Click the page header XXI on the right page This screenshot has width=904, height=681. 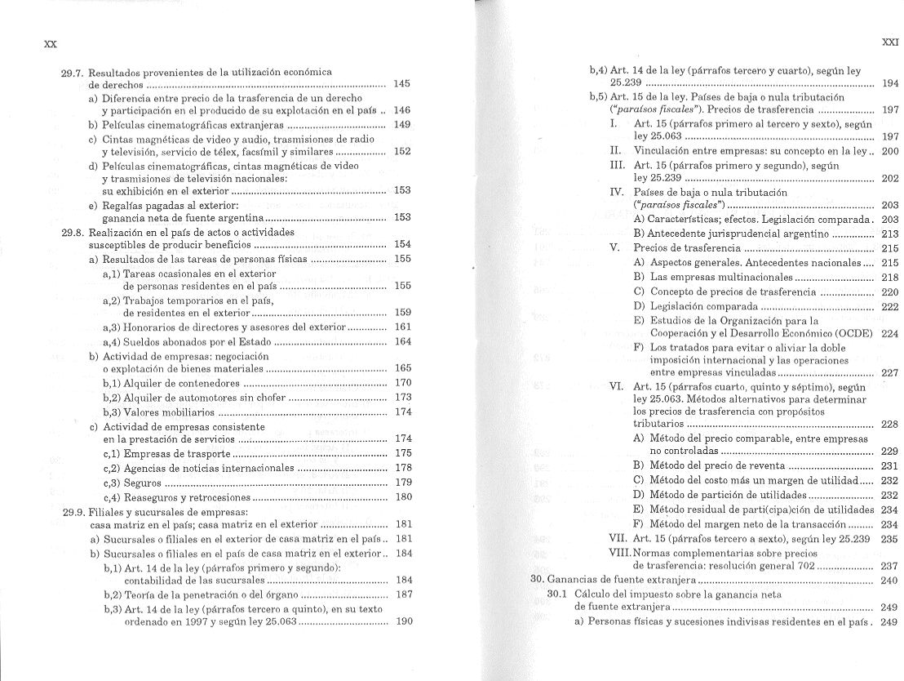890,42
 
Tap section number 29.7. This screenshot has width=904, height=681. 74,72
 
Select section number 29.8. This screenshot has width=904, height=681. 74,231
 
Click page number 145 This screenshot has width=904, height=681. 401,84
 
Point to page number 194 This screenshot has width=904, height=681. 890,83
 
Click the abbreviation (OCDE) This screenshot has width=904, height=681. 854,333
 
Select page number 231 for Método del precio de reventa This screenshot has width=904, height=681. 889,465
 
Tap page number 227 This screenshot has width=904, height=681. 889,372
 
